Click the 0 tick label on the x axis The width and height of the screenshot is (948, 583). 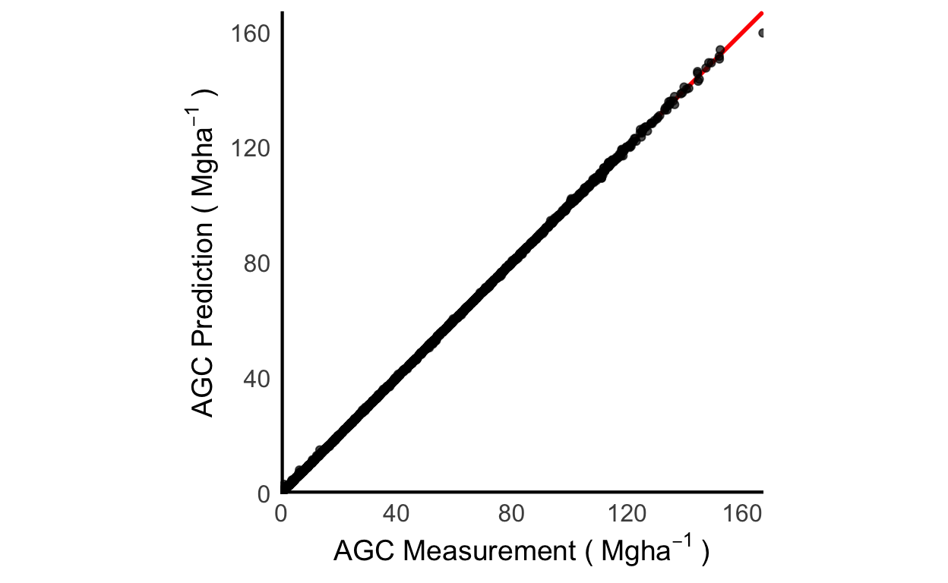coord(281,514)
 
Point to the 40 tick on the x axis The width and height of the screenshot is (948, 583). coord(396,514)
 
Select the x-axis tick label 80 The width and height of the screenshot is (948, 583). coord(511,514)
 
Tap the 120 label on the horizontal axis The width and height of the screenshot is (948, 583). coord(627,514)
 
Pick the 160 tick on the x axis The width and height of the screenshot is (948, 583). coord(741,514)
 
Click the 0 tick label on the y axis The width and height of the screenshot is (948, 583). coord(264,493)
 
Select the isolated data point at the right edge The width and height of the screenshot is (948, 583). coord(761,33)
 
